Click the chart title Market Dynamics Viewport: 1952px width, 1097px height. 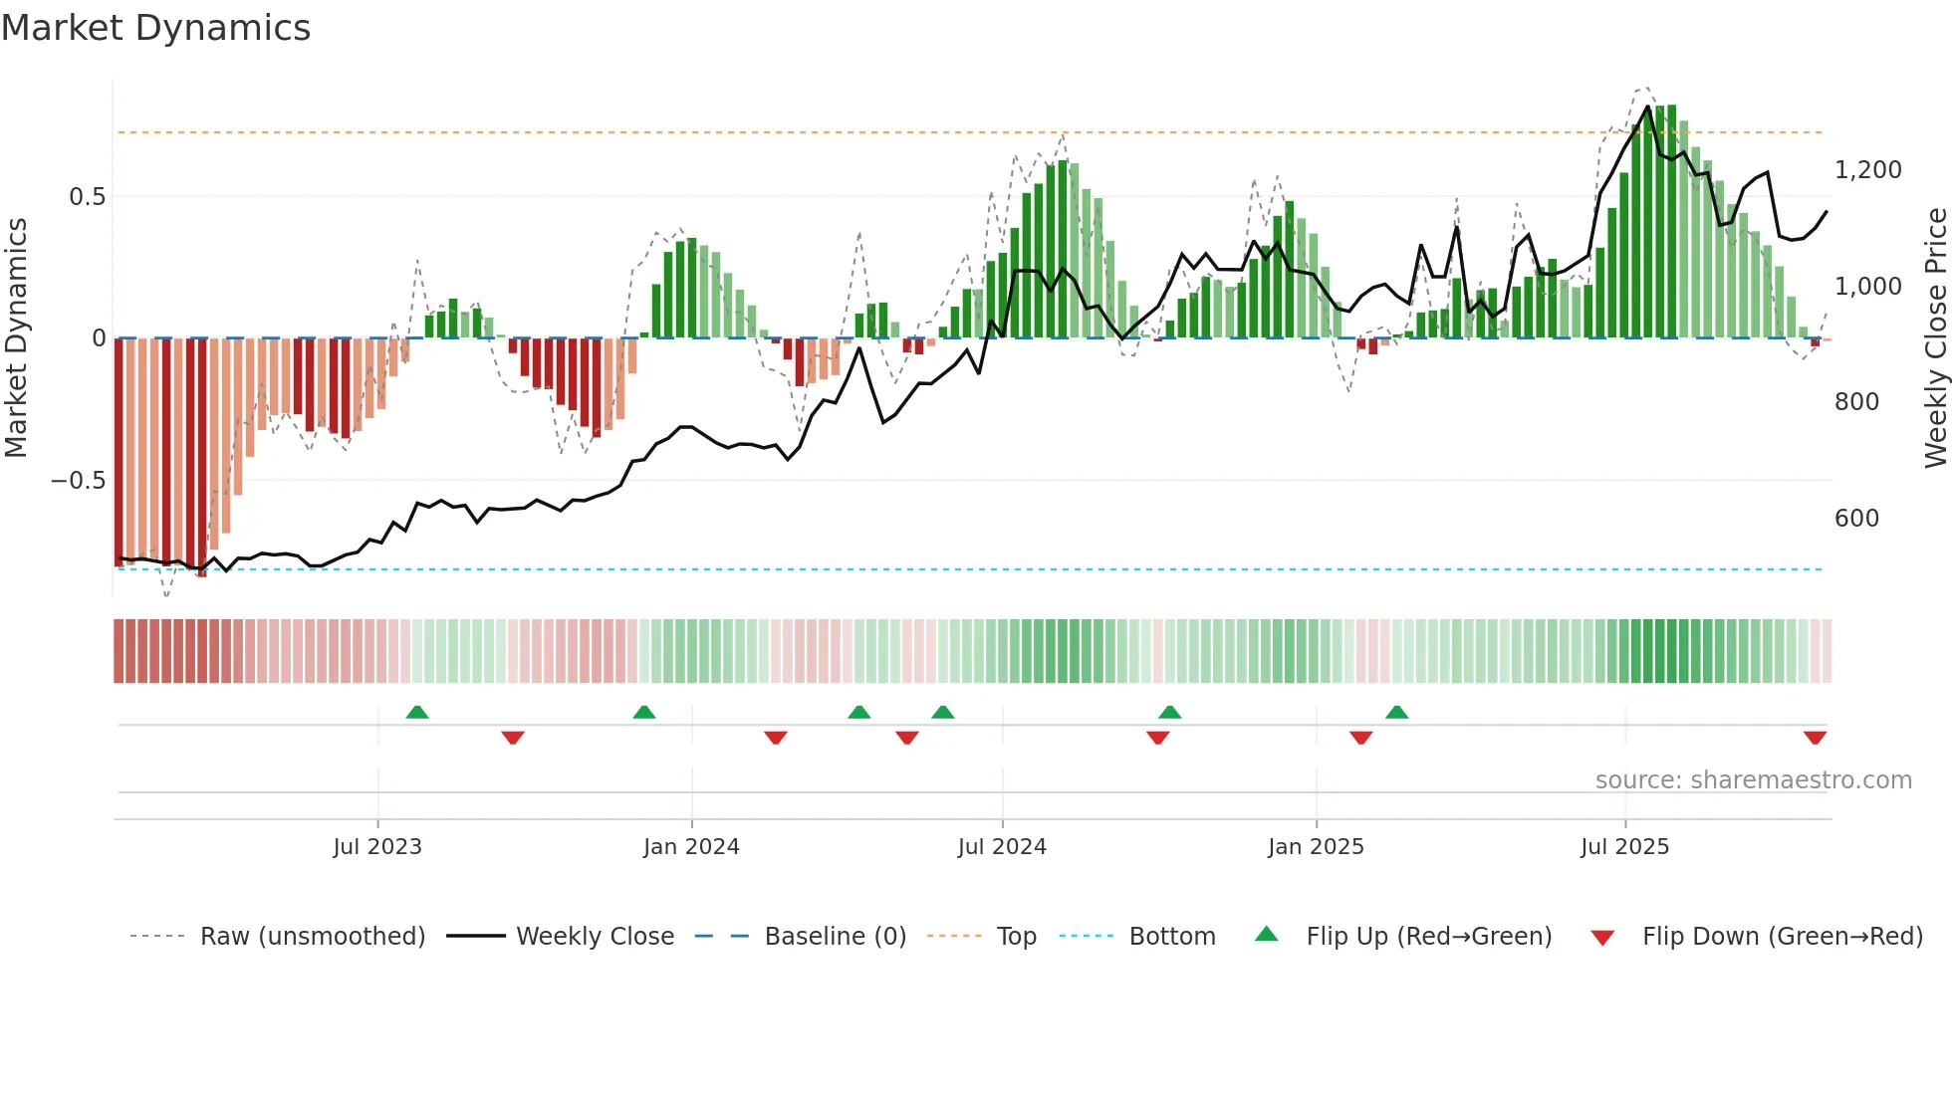point(155,28)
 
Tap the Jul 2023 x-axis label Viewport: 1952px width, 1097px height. point(377,847)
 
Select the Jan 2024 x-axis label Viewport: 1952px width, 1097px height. point(691,847)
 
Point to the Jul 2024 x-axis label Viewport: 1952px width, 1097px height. point(1002,847)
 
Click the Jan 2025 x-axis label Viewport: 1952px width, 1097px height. point(1316,847)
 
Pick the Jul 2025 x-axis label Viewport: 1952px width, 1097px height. point(1624,847)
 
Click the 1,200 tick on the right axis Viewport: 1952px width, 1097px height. point(1867,170)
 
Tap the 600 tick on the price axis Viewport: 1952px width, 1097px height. point(1856,519)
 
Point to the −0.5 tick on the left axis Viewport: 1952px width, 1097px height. point(79,481)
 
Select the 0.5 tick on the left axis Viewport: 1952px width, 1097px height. point(87,197)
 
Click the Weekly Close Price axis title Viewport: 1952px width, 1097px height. point(1935,338)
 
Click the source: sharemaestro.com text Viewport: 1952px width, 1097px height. point(1753,780)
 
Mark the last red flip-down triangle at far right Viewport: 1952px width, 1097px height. point(1815,738)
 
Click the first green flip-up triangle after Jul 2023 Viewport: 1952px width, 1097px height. point(417,712)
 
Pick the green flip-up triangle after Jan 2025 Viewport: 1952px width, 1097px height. point(1396,712)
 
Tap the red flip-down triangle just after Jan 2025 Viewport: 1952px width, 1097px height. point(1360,738)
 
